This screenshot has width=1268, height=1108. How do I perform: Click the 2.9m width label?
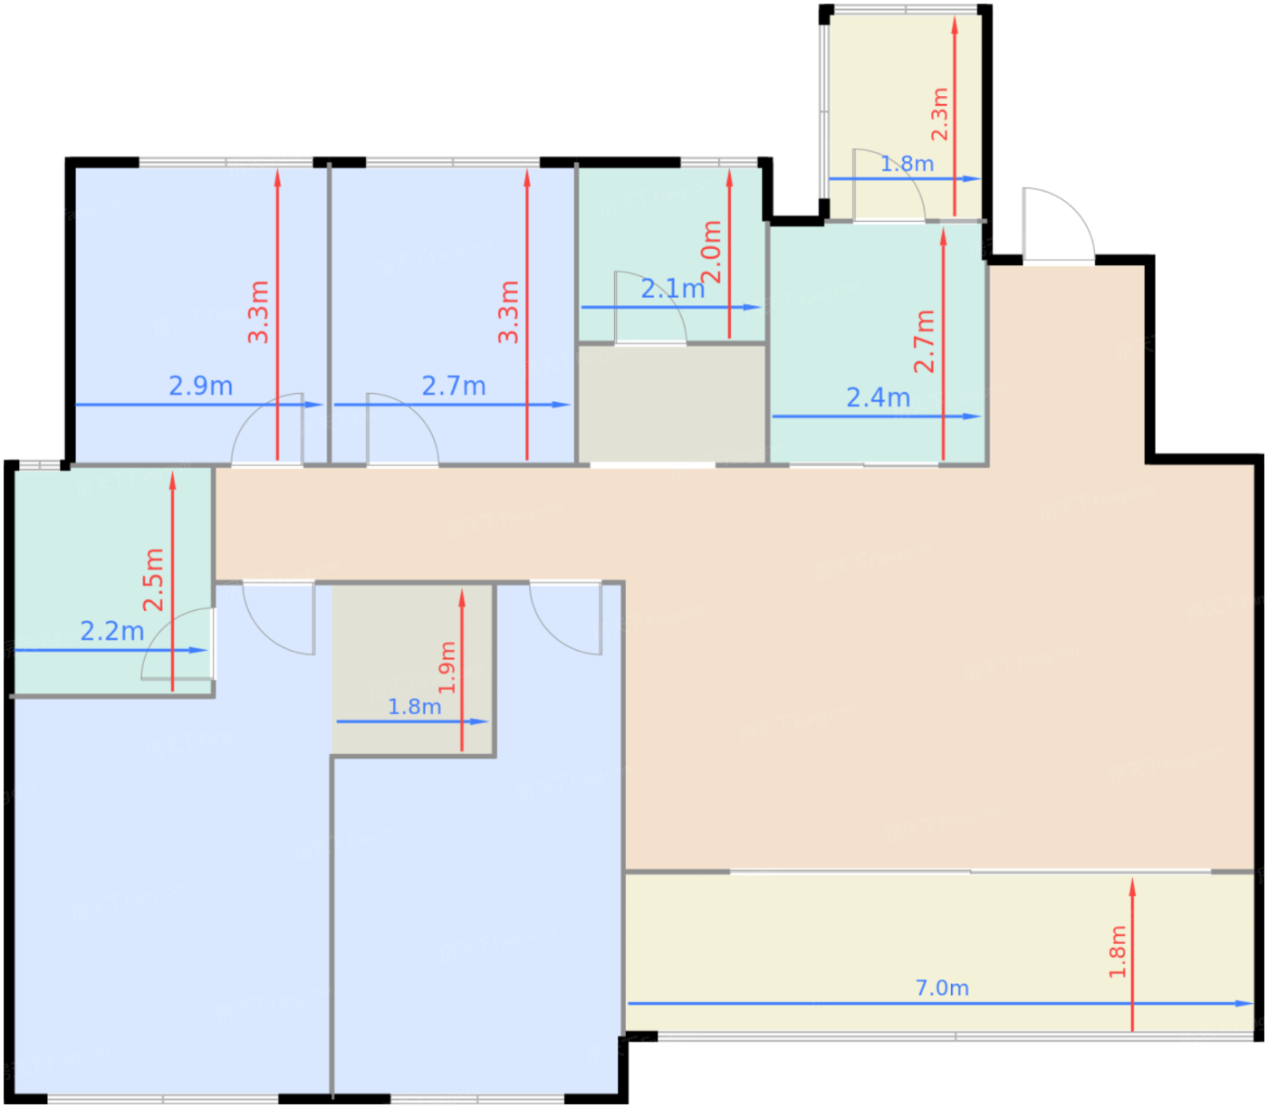(x=201, y=387)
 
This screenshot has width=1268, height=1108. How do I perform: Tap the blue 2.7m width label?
(x=454, y=387)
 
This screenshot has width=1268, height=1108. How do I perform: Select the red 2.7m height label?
(x=924, y=341)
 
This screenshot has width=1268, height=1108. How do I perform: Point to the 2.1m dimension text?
(x=672, y=290)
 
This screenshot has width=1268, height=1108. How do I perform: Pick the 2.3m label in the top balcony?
(x=939, y=114)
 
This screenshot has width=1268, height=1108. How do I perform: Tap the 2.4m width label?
(x=879, y=398)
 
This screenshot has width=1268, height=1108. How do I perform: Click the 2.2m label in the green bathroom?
(x=112, y=632)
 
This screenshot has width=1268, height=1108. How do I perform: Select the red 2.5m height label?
(x=153, y=579)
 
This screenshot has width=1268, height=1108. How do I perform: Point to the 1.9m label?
(x=447, y=668)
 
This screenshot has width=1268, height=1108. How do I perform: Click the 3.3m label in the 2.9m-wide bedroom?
(x=258, y=312)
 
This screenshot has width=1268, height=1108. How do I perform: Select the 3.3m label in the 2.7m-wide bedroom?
(x=508, y=312)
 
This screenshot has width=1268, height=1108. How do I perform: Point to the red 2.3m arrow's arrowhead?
(x=955, y=24)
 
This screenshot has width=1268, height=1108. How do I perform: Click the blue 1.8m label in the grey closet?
(x=414, y=707)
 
